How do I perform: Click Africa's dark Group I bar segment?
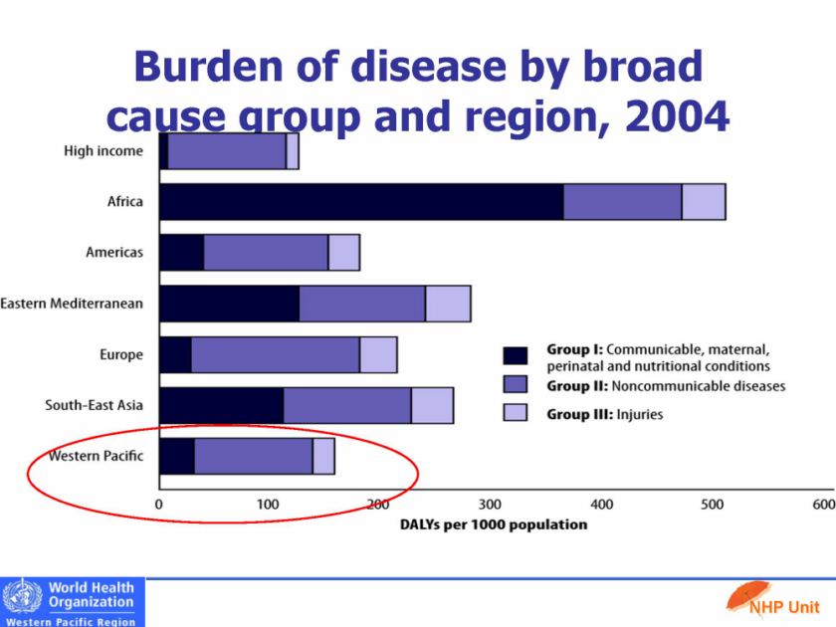(x=360, y=201)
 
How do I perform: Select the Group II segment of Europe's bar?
(x=275, y=354)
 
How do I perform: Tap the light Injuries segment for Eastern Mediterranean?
(x=448, y=304)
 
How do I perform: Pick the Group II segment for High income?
(x=227, y=150)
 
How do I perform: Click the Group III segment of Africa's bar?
(x=703, y=201)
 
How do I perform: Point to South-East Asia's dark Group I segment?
(x=221, y=405)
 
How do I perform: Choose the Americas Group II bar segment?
(x=266, y=253)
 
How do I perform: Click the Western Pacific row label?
(x=96, y=456)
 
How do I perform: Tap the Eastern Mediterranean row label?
(x=72, y=304)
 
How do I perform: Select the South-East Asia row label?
(x=94, y=405)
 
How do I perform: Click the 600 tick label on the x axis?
(x=823, y=505)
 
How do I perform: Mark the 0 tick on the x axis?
(x=159, y=505)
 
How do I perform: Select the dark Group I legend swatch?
(x=515, y=356)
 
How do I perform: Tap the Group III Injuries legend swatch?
(x=515, y=413)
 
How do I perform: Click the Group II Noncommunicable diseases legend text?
(x=666, y=385)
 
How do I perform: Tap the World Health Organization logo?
(x=72, y=602)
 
